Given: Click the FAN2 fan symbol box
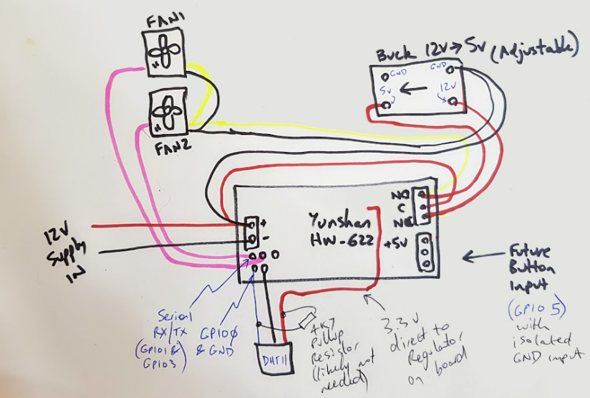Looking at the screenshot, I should (x=168, y=112).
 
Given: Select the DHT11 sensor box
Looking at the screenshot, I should (x=269, y=356).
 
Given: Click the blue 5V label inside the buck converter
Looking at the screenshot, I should (x=386, y=91).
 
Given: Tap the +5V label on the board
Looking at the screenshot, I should (x=397, y=241).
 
